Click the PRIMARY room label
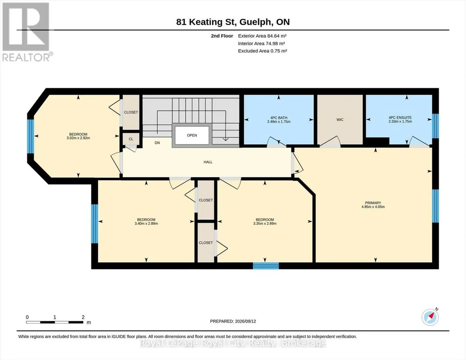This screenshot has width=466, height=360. coord(373,203)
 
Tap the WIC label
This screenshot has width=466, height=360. coord(340,120)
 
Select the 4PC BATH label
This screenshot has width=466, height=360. coord(279,118)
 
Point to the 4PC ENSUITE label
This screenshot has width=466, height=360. coord(400,117)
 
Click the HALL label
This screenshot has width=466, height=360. coord(208,162)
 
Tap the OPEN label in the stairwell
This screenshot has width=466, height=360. coord(192,135)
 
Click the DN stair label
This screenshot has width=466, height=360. coord(157,143)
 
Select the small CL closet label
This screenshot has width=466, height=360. coord(131,139)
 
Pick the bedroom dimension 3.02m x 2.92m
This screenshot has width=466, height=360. coord(78,138)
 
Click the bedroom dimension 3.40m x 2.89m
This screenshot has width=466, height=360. coord(146,223)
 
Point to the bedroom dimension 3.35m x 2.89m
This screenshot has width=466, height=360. coord(265,223)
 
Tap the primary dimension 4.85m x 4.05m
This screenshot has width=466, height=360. coord(373,207)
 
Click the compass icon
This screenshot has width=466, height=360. coord(430,317)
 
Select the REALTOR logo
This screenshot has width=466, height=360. coord(26,32)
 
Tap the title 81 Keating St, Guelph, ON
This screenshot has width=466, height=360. coord(233,22)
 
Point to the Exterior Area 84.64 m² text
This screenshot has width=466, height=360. coord(262,36)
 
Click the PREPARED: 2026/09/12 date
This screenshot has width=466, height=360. coord(233,321)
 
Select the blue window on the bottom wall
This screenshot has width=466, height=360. coord(266,266)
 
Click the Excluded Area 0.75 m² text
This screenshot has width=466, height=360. coord(262,51)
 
